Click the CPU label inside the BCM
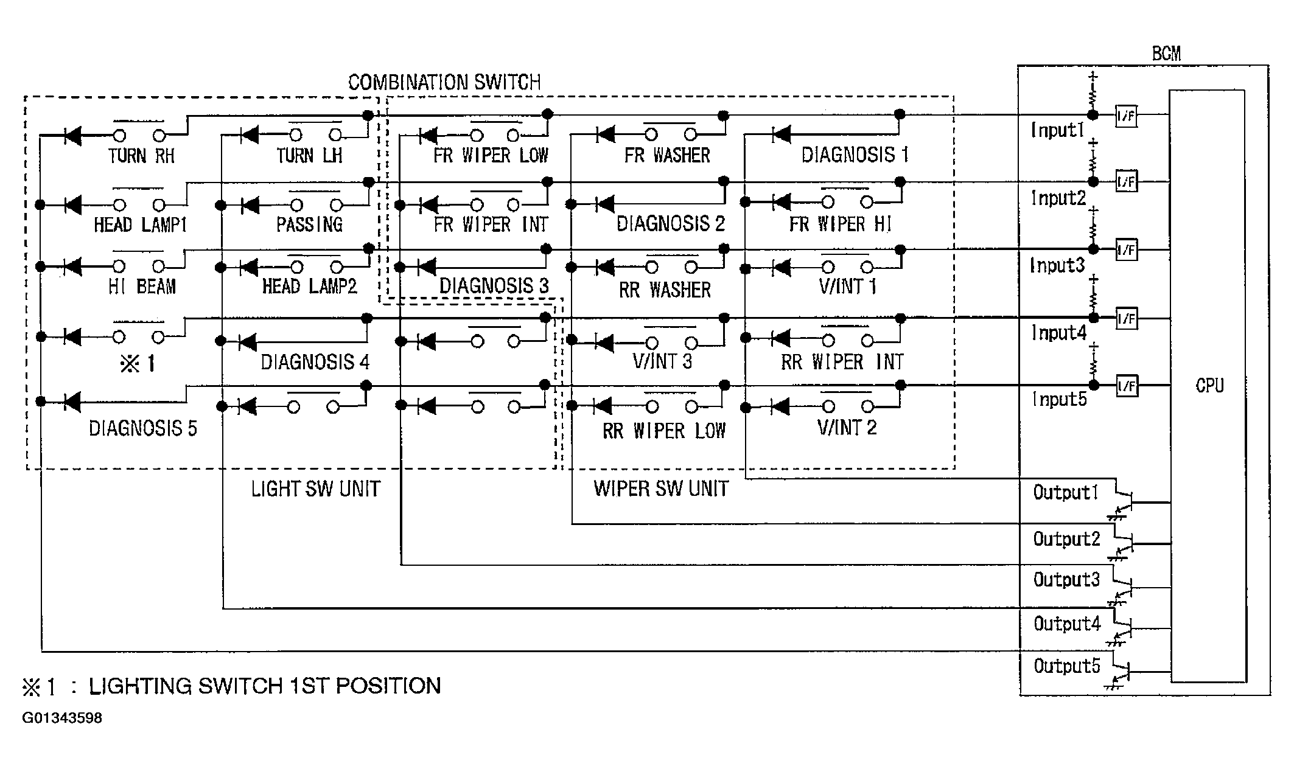tap(1209, 386)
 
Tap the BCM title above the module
tap(1166, 54)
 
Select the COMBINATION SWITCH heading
tap(444, 82)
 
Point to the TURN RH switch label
tap(142, 156)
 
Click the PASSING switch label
tap(309, 224)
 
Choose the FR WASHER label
tap(667, 155)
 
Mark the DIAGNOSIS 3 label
tap(494, 285)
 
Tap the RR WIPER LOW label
tap(664, 431)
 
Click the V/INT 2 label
tap(847, 427)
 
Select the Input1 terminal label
tap(1058, 130)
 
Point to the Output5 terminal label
tap(1067, 666)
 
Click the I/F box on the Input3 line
tap(1127, 250)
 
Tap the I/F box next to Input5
tap(1127, 386)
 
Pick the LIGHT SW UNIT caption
tap(316, 489)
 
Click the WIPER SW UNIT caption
tap(661, 489)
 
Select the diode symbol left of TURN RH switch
tap(72, 136)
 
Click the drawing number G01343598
tap(62, 718)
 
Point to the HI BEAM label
tap(142, 286)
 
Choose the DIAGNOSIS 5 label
tap(143, 428)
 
